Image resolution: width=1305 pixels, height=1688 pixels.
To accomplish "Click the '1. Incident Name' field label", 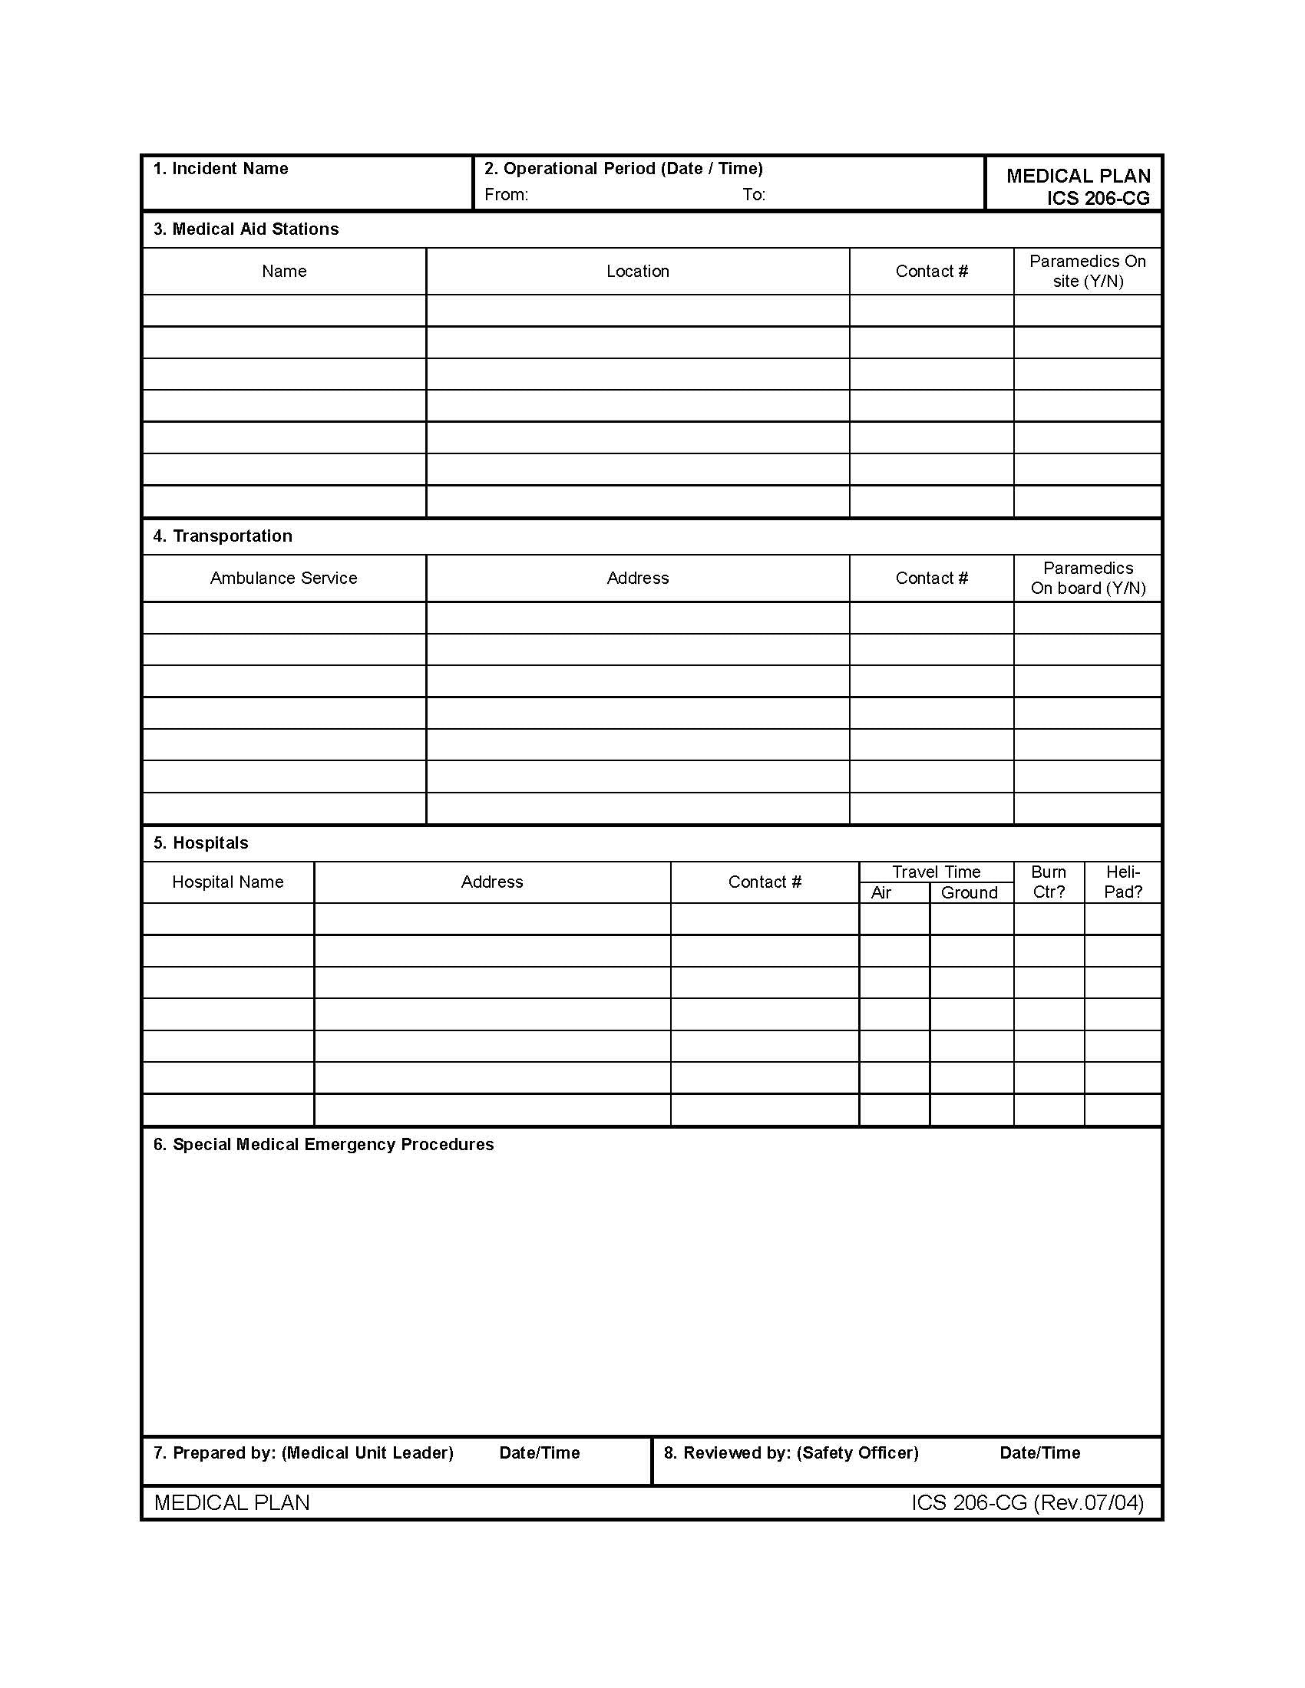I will pyautogui.click(x=220, y=169).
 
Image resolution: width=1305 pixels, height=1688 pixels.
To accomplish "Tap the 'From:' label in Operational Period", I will pyautogui.click(x=507, y=195).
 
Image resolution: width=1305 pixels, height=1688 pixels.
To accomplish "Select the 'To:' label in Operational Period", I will pyautogui.click(x=754, y=195).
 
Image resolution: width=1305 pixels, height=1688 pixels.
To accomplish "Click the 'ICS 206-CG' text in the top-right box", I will pyautogui.click(x=1098, y=199).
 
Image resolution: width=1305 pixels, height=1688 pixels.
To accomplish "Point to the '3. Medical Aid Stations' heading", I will pyautogui.click(x=246, y=229).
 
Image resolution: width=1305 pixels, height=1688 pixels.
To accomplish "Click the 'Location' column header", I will pyautogui.click(x=637, y=272).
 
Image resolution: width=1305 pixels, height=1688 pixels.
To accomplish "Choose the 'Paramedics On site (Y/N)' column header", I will pyautogui.click(x=1087, y=272).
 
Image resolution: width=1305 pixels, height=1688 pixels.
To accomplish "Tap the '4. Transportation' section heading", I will pyautogui.click(x=223, y=536).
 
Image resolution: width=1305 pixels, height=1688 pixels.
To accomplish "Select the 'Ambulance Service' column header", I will pyautogui.click(x=284, y=578).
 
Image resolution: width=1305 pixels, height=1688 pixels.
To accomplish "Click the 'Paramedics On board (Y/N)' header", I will pyautogui.click(x=1087, y=578).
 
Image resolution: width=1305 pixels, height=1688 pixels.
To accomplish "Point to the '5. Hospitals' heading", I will pyautogui.click(x=201, y=842).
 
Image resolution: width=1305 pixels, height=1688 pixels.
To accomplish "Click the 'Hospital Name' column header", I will pyautogui.click(x=228, y=882).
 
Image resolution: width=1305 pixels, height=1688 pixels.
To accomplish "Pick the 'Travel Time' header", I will pyautogui.click(x=936, y=872).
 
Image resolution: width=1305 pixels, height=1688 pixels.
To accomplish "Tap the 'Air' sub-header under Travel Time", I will pyautogui.click(x=881, y=892).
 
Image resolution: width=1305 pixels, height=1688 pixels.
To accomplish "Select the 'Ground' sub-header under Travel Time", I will pyautogui.click(x=969, y=892).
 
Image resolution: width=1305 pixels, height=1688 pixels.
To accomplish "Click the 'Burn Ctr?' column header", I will pyautogui.click(x=1049, y=882).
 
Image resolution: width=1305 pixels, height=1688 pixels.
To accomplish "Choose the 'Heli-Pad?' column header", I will pyautogui.click(x=1122, y=882).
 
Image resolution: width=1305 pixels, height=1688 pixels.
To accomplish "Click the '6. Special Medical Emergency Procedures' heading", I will pyautogui.click(x=323, y=1144).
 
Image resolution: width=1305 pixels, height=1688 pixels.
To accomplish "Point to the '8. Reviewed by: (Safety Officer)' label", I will pyautogui.click(x=791, y=1452).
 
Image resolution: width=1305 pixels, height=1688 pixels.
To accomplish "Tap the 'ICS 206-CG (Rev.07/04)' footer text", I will pyautogui.click(x=1026, y=1502).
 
